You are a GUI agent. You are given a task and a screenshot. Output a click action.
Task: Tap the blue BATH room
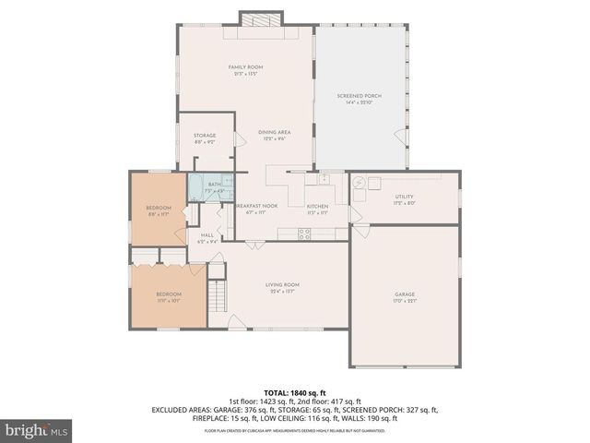pyautogui.click(x=210, y=187)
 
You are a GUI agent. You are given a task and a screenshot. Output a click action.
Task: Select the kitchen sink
pyautogui.click(x=324, y=178)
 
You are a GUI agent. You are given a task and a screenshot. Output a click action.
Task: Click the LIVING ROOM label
pyautogui.click(x=282, y=286)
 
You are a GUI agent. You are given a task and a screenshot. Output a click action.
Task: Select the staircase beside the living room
pyautogui.click(x=218, y=296)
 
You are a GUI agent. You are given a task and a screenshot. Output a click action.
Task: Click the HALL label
pyautogui.click(x=206, y=236)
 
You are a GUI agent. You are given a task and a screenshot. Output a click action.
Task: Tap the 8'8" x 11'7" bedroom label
pyautogui.click(x=159, y=210)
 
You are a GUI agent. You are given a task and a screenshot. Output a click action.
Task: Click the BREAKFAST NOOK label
pyautogui.click(x=257, y=207)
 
